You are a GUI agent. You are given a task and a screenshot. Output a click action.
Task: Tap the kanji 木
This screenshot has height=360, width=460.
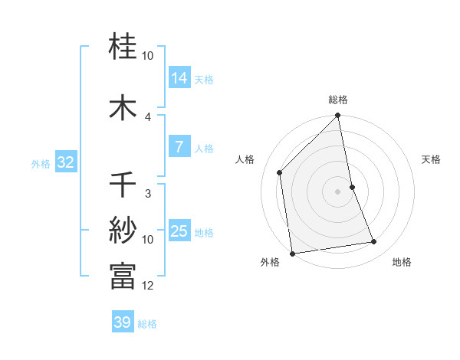(123, 107)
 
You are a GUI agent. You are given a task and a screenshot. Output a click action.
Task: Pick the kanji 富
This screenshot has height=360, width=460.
(123, 276)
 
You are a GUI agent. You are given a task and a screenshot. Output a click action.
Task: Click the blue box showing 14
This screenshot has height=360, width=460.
(179, 77)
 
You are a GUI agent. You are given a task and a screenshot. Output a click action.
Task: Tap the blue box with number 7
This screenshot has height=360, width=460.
(179, 148)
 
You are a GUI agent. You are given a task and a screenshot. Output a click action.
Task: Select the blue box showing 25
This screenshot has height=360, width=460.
(179, 231)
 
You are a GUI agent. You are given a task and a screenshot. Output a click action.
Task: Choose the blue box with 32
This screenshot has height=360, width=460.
(65, 162)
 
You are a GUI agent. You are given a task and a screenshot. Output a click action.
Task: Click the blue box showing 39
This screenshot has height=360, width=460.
(122, 322)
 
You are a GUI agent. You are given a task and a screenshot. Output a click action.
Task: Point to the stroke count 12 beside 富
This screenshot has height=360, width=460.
(148, 286)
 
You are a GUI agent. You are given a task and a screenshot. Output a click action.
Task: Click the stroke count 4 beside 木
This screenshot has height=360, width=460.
(148, 116)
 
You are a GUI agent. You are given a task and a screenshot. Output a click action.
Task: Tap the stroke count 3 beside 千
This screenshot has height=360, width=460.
(148, 193)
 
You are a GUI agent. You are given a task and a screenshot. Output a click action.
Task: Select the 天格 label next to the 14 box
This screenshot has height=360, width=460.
(204, 79)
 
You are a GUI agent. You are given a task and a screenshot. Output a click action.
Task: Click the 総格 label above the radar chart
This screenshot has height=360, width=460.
(338, 100)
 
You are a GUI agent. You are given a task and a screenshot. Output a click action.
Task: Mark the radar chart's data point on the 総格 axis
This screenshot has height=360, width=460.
(338, 116)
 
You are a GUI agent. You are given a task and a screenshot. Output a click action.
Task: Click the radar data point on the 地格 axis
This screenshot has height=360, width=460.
(374, 242)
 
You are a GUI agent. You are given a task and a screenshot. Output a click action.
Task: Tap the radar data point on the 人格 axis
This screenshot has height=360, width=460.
(280, 172)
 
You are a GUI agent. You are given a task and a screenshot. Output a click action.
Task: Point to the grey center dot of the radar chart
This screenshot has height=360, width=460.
(338, 191)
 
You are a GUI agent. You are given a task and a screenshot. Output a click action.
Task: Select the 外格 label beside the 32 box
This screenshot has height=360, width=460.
(41, 163)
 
